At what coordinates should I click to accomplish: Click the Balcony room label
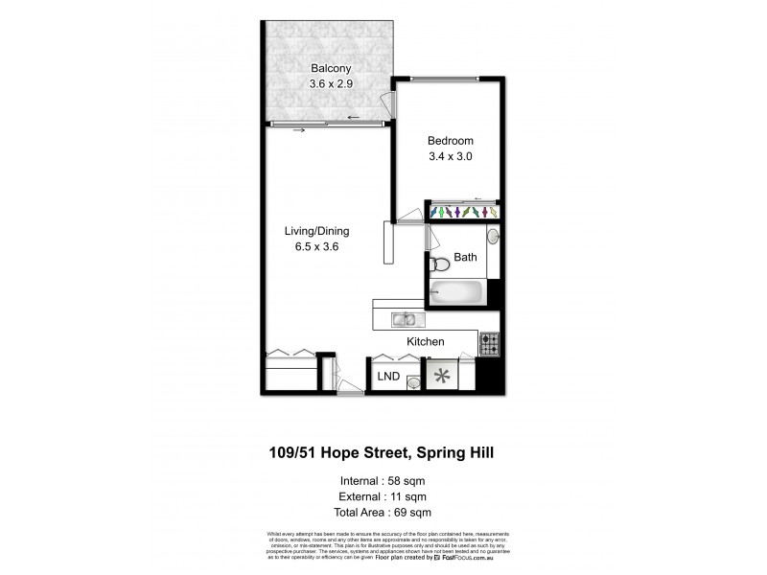point(331,69)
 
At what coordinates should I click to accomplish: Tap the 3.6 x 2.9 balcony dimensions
point(331,84)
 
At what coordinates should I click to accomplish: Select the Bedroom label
point(450,141)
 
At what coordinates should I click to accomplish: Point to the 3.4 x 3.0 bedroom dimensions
point(450,156)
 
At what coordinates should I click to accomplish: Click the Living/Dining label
point(316,231)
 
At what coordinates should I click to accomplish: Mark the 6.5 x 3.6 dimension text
point(316,246)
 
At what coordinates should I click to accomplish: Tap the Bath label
point(465,257)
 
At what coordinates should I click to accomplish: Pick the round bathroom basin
point(492,235)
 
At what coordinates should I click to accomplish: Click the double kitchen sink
point(404,319)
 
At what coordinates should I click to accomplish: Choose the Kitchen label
point(426,341)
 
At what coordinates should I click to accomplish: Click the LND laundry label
point(388,375)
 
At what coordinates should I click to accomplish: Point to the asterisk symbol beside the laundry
point(442,376)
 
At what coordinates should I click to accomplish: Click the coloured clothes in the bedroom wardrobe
point(462,211)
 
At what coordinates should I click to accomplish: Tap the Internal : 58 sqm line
point(383,480)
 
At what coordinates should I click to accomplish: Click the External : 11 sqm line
point(383,496)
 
